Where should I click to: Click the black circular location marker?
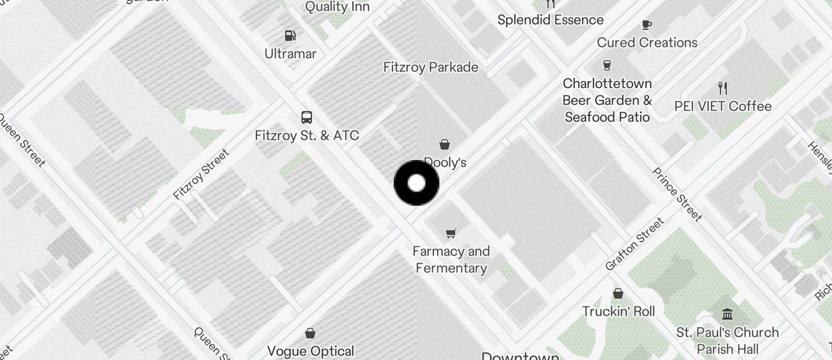coord(417,183)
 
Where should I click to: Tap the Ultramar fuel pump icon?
coord(290,36)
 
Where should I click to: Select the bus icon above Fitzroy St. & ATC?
coord(307,117)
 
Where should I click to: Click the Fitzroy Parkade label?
coord(431,67)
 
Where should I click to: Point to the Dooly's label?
coord(445,162)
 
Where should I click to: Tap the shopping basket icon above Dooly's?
coord(445,144)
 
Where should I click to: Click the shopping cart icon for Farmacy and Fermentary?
coord(450,234)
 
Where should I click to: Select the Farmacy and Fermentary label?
coord(450,259)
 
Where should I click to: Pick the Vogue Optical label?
coord(310,351)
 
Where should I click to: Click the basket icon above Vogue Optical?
coord(310,333)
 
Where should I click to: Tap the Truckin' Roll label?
coord(618,311)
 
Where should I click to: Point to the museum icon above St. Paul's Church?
coord(727,314)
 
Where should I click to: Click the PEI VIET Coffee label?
coord(723,106)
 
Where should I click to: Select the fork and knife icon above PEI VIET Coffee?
coord(723,88)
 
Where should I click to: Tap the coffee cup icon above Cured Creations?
coord(646,25)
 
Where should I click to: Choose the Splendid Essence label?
coord(550,20)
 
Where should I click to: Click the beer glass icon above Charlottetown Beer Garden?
coord(607,65)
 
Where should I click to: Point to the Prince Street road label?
coord(677,195)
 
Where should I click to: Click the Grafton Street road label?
coord(635,244)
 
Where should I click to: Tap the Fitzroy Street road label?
coord(201,174)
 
